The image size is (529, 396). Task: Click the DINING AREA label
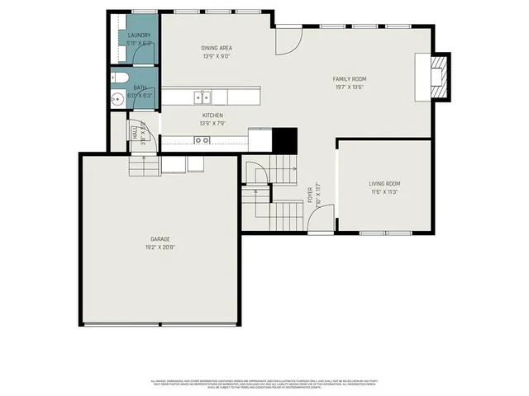point(216,49)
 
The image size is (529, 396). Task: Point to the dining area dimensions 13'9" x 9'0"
point(216,57)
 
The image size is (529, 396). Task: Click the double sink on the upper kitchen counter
point(201,97)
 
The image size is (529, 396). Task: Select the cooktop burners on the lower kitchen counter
point(201,140)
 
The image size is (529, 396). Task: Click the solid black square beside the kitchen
point(285,140)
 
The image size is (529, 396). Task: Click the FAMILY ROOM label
point(350,79)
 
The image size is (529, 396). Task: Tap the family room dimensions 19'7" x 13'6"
point(350,87)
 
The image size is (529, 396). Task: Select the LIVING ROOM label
point(384,183)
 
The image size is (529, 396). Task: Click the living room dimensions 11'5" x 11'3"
point(384,191)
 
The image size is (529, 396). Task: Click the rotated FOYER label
point(311,194)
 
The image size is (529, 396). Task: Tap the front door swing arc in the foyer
point(319,219)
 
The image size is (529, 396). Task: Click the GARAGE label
point(160,238)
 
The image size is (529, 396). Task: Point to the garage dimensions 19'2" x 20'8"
point(160,247)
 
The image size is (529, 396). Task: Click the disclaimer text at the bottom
point(264,384)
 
